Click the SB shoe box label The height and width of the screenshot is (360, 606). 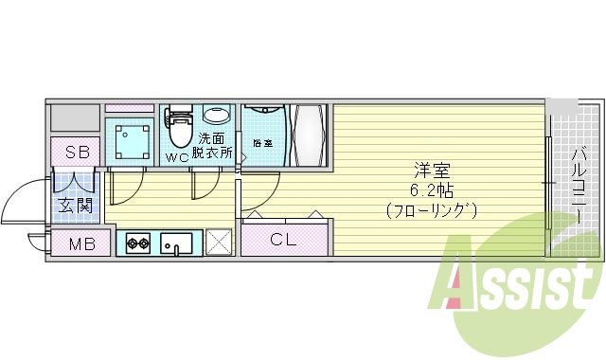75,152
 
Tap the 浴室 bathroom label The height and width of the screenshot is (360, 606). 262,144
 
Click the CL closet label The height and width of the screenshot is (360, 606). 284,240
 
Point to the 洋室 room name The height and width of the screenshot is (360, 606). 431,171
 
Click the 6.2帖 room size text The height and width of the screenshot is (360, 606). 431,189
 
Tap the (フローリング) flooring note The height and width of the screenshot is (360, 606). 431,208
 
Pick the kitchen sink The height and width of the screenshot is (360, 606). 177,243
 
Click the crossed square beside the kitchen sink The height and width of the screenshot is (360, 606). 220,243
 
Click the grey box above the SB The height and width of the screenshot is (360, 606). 75,117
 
